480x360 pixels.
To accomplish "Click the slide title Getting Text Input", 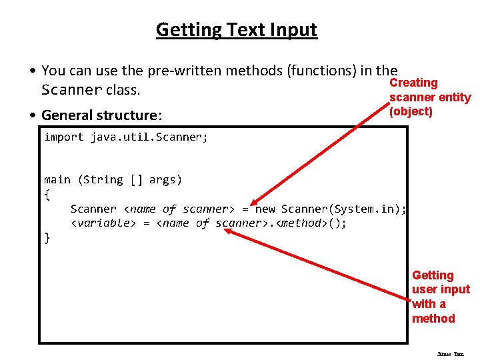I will click(237, 30).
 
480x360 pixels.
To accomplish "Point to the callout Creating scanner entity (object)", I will click(429, 97).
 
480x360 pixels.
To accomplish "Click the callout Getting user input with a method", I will click(441, 297).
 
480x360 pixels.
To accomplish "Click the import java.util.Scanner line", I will click(126, 137).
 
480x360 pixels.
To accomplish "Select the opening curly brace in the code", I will click(47, 194).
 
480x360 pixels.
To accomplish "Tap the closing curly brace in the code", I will click(47, 238).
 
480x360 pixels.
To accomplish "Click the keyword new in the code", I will click(265, 209).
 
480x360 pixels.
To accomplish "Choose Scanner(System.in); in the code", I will click(344, 209).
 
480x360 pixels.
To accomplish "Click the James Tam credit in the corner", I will click(450, 354).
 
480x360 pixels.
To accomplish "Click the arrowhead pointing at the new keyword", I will click(254, 203).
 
